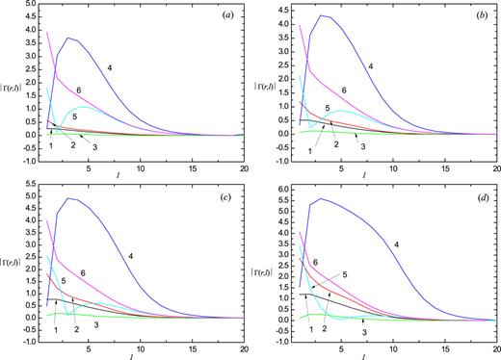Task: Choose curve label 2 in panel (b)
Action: point(336,144)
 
